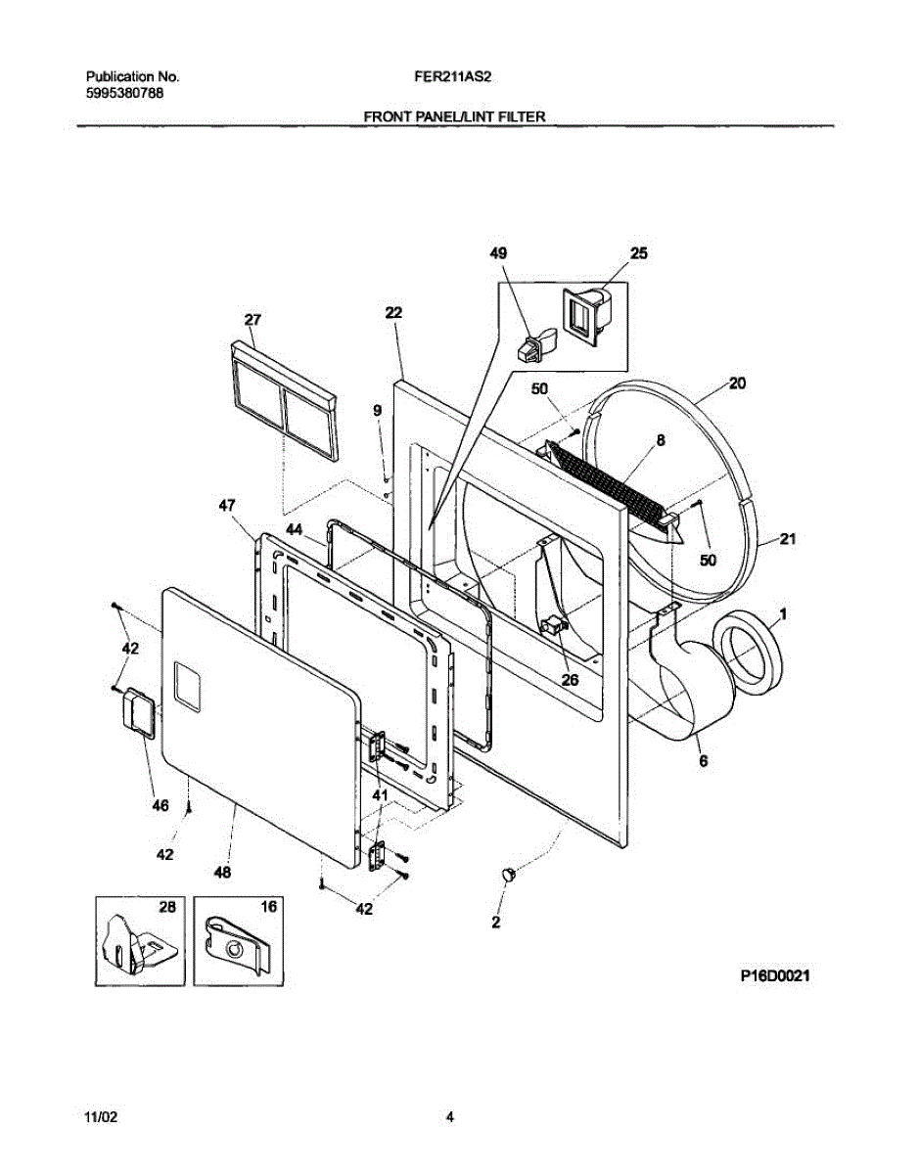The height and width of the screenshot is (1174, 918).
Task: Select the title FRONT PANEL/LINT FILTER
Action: point(454,116)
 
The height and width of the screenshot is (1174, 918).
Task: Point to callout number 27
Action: point(252,319)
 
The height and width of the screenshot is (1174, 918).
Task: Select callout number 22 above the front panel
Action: point(393,313)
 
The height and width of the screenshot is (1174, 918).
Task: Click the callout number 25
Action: point(638,253)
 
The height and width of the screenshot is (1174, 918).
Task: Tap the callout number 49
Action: point(499,253)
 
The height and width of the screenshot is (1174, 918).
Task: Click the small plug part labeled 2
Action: point(508,874)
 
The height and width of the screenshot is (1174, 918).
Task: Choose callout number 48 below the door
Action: point(222,873)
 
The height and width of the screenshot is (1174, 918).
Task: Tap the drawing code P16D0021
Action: point(779,975)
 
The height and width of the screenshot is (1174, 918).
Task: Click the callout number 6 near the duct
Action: point(703,758)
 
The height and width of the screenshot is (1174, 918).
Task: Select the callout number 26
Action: point(570,679)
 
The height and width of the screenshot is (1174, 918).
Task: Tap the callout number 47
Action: point(226,506)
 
